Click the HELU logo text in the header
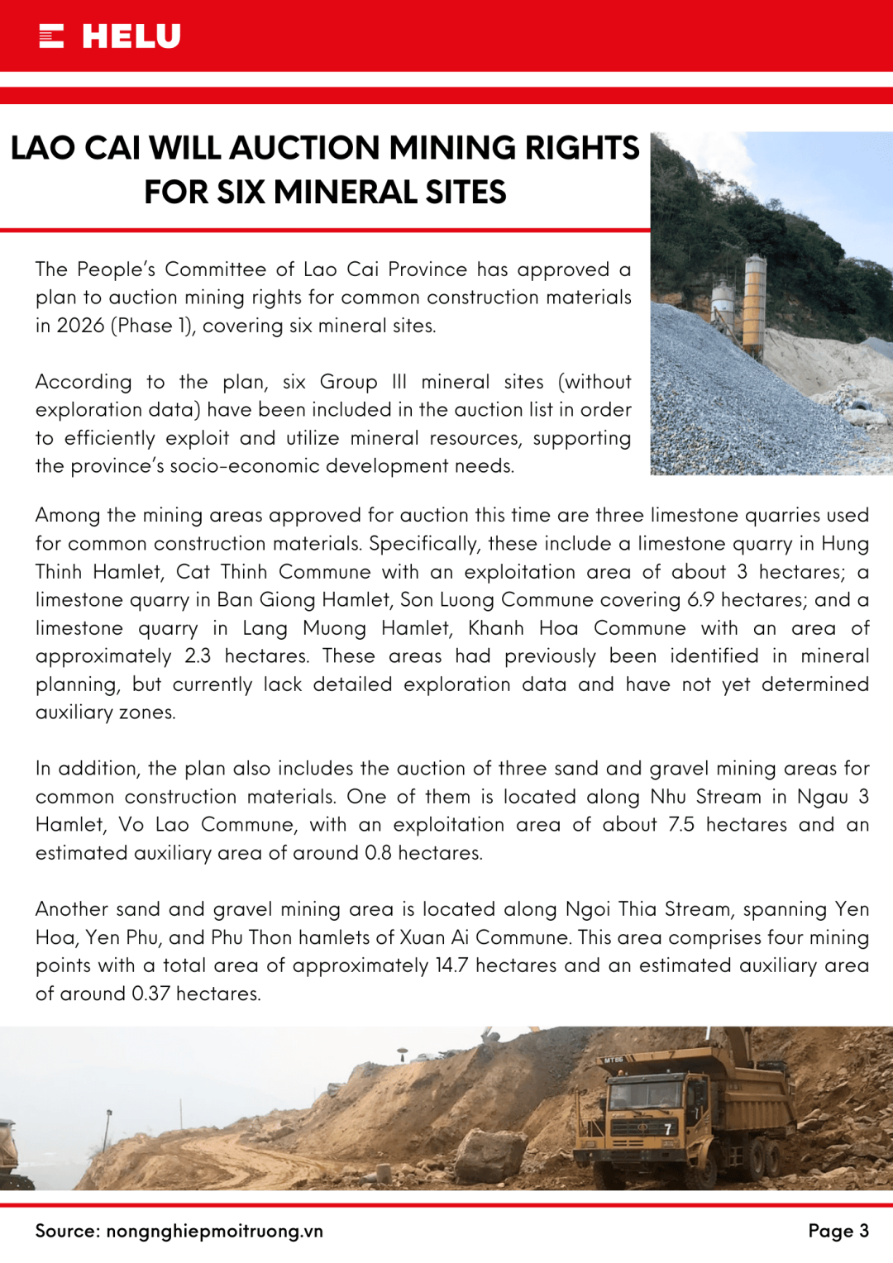(131, 36)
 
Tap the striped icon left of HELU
(51, 36)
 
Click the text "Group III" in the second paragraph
(363, 382)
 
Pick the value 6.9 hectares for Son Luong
(750, 600)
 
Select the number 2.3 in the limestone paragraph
(198, 656)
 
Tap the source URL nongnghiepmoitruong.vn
(214, 1231)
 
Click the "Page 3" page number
(838, 1231)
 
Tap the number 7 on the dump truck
(668, 1129)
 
